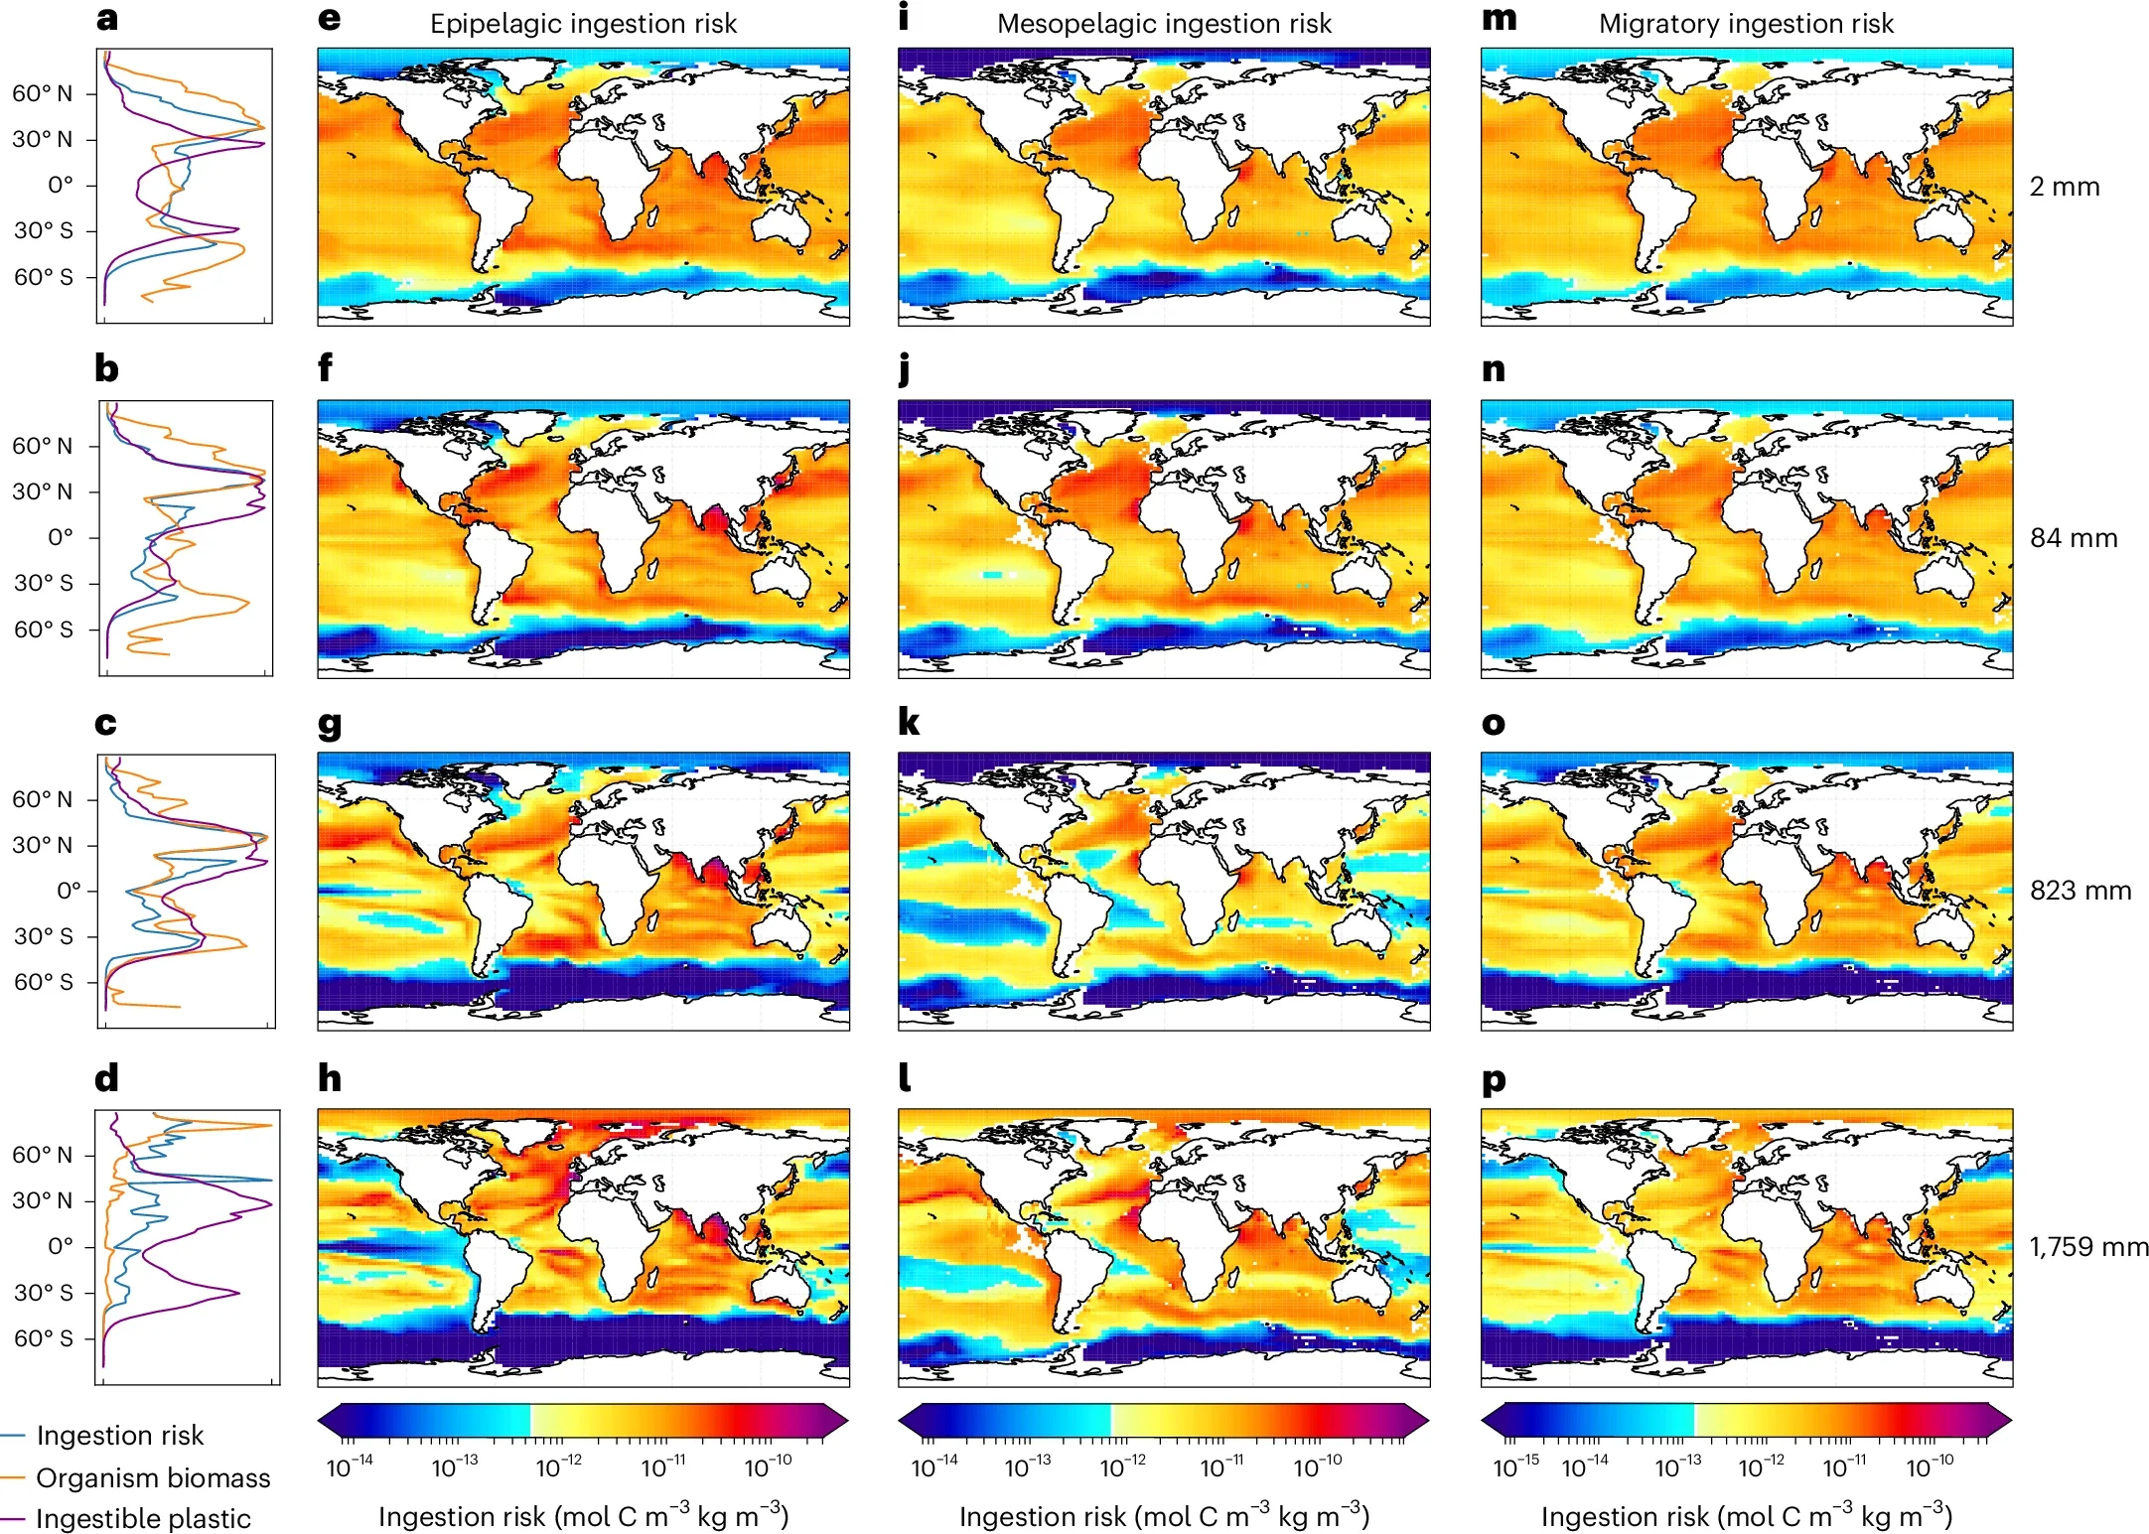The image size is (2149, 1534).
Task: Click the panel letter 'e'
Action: click(x=329, y=19)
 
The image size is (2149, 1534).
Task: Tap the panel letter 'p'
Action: click(x=1493, y=1080)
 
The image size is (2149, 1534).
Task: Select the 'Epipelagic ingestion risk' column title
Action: click(x=583, y=24)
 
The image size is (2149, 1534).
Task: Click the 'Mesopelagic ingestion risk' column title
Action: click(x=1164, y=24)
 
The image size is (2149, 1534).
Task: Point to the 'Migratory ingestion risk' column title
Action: click(x=1746, y=24)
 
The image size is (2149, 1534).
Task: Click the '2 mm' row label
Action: click(x=2064, y=187)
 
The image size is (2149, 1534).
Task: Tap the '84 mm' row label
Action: click(x=2073, y=538)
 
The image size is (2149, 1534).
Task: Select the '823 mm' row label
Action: click(x=2079, y=891)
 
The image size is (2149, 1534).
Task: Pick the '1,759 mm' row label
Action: click(x=2087, y=1246)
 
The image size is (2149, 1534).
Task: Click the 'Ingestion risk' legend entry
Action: click(x=119, y=1436)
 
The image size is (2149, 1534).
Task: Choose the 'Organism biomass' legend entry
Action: click(x=153, y=1478)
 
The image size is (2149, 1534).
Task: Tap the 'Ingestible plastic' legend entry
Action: click(x=143, y=1519)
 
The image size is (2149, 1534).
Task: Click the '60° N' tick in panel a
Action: click(x=42, y=93)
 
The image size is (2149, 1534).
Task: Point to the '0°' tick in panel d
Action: click(x=60, y=1246)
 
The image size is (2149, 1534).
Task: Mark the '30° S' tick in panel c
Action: click(x=43, y=936)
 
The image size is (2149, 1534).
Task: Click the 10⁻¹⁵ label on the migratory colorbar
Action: click(x=1515, y=1466)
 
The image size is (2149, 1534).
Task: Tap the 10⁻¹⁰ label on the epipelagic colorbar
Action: click(x=768, y=1466)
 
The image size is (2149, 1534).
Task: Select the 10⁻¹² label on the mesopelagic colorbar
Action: click(x=1122, y=1466)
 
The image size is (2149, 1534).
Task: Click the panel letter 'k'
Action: click(x=908, y=723)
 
